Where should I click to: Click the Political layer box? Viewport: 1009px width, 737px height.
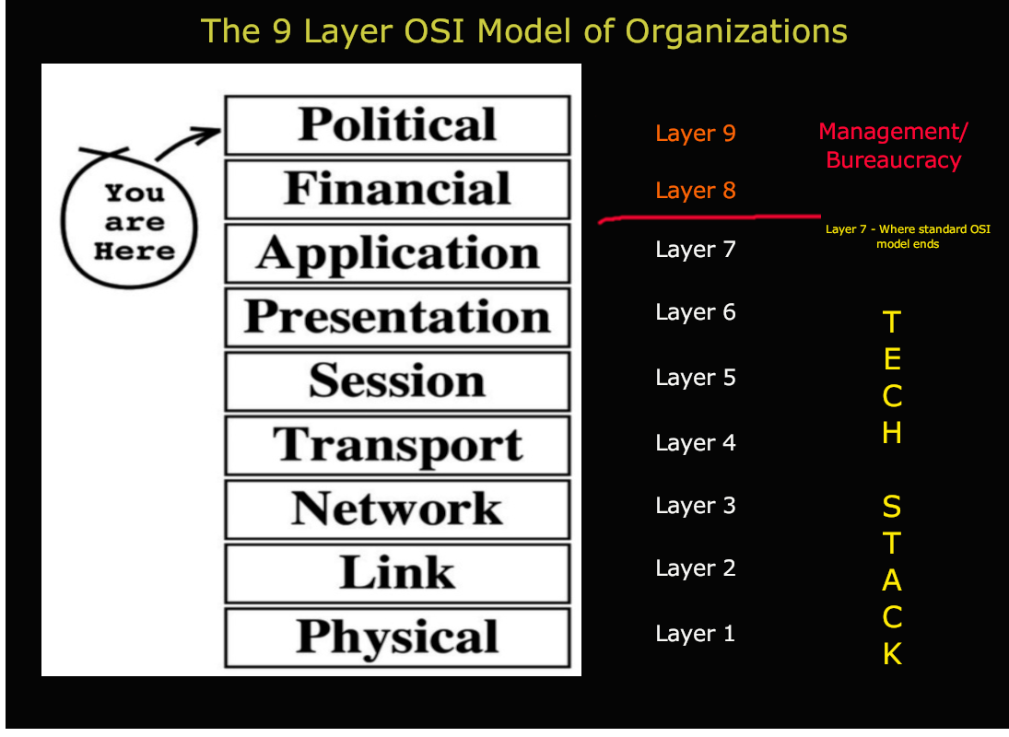tap(397, 125)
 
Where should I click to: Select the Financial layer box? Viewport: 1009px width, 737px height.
tap(397, 189)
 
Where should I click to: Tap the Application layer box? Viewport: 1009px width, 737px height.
tap(397, 253)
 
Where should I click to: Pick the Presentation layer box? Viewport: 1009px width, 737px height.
tap(397, 317)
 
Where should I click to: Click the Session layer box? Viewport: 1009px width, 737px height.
tap(397, 380)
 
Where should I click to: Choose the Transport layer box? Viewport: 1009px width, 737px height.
tap(397, 445)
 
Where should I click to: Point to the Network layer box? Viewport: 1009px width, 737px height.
tap(397, 509)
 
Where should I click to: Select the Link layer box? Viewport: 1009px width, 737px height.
tap(397, 572)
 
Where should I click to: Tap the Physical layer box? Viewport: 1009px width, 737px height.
tap(397, 637)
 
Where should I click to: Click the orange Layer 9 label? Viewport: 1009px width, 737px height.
tap(696, 134)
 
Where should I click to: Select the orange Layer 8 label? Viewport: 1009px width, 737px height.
tap(696, 191)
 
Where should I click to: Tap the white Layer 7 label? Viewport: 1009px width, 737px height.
tap(696, 250)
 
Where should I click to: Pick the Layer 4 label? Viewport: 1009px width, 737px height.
tap(696, 443)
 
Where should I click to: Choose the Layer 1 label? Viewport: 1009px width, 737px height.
tap(696, 634)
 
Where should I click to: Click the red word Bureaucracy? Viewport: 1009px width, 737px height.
tap(893, 160)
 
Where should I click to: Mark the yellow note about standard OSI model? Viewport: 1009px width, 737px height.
tap(908, 237)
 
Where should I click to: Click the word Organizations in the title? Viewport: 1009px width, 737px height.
tap(736, 31)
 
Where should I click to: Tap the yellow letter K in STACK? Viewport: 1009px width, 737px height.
tap(892, 654)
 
